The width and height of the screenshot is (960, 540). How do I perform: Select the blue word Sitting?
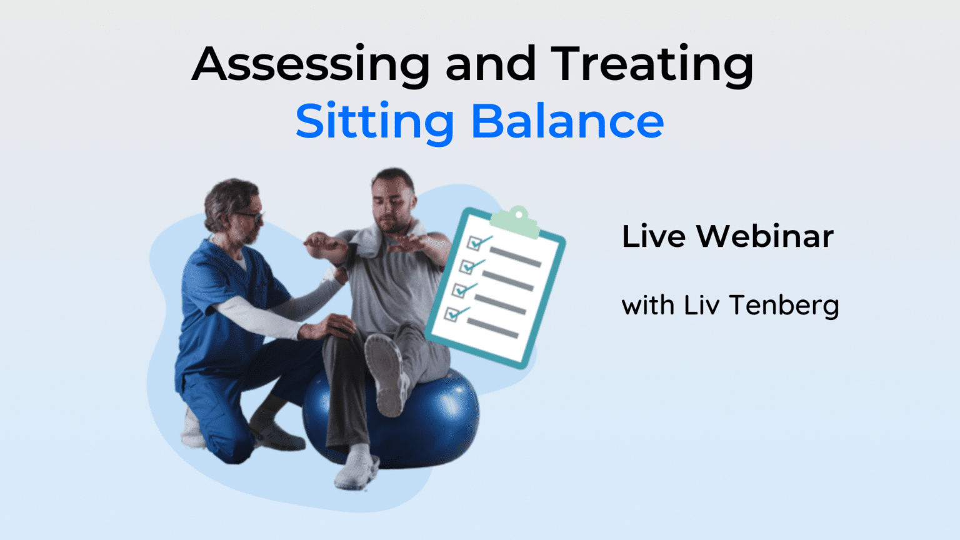374,122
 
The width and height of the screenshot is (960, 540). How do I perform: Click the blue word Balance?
567,122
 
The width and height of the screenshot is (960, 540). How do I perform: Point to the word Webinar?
765,237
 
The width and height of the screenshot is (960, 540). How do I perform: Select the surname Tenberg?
784,306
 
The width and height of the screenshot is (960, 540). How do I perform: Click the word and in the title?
491,64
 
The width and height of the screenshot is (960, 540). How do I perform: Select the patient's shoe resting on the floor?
356,469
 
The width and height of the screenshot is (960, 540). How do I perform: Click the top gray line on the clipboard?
516,256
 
